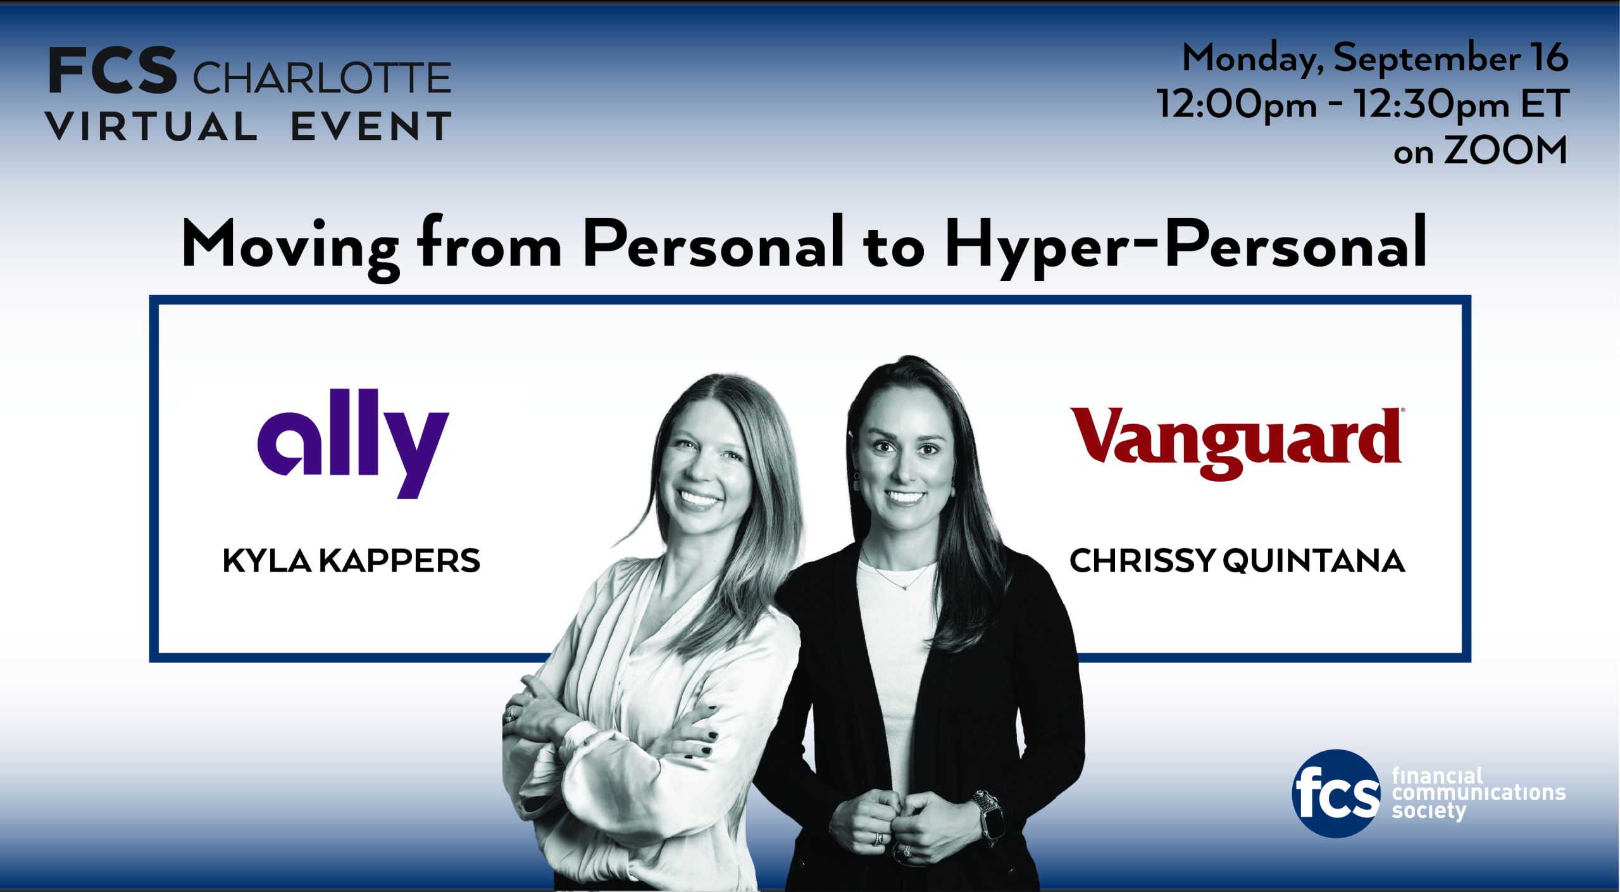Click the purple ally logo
(352, 443)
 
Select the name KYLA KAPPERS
(351, 561)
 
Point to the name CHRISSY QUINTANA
(1237, 561)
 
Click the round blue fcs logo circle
(1336, 793)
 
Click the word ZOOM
(1505, 151)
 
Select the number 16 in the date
(1548, 58)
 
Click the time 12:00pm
(1237, 104)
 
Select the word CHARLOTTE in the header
(321, 79)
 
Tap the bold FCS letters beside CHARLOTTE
(112, 71)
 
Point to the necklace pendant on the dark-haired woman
(905, 587)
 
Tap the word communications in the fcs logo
(1479, 793)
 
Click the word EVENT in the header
(371, 126)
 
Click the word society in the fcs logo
(1429, 812)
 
